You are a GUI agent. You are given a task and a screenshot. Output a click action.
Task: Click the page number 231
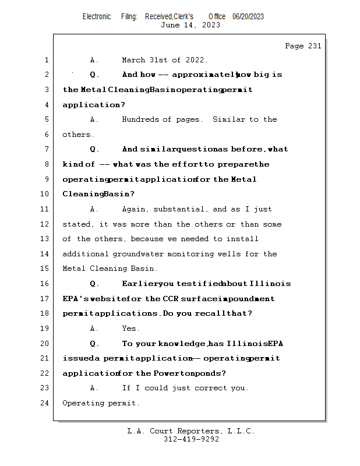(x=312, y=46)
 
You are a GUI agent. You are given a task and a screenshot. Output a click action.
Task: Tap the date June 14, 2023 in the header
(x=190, y=25)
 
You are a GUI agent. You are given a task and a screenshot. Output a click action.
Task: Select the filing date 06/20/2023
(x=248, y=16)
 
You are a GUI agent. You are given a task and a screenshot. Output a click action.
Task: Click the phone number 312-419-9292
(x=191, y=439)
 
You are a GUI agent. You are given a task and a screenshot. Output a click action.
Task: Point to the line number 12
(x=45, y=224)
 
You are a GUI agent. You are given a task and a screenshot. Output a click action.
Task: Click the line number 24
(x=45, y=403)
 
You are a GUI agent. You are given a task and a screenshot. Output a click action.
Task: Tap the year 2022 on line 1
(x=196, y=60)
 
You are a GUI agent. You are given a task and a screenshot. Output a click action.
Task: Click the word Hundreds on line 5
(x=140, y=119)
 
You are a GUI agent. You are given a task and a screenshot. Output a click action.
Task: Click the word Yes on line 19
(x=130, y=329)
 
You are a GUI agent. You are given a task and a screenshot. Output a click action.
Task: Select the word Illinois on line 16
(x=270, y=284)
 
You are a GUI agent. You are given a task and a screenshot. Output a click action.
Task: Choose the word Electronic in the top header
(x=97, y=16)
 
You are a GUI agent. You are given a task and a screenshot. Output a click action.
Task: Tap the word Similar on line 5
(x=228, y=119)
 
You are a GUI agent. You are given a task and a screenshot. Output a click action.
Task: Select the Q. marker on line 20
(x=94, y=344)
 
